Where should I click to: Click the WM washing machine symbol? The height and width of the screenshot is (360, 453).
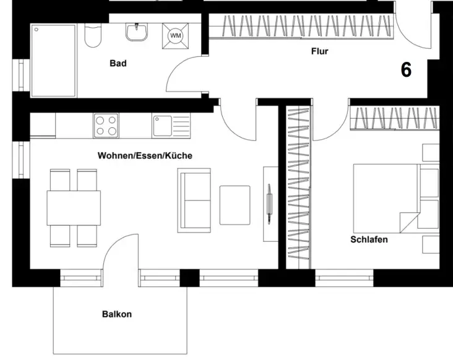coord(175,36)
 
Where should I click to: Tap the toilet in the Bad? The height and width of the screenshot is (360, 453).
coord(93,35)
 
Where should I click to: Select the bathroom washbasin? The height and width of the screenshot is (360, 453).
coord(137,32)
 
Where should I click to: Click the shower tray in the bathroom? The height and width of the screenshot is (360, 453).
coord(53,61)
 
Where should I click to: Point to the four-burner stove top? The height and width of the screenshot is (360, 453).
coord(106,126)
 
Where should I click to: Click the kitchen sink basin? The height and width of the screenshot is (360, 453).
coord(162,126)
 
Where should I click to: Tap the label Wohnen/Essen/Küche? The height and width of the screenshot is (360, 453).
coord(145,156)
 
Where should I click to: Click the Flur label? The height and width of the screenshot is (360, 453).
coord(320,51)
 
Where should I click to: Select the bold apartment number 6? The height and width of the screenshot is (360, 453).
coord(406,70)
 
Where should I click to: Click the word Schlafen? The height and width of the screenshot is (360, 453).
coord(369,239)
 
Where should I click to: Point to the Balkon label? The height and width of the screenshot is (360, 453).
coord(117,314)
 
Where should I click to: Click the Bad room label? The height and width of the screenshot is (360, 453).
coord(118,63)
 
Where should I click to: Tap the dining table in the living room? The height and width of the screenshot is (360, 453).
coord(74,208)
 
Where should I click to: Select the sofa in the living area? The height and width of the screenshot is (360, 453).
coord(194,200)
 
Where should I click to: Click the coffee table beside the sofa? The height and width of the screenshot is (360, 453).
coord(235,205)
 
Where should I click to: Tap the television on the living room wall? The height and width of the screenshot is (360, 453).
coord(269,204)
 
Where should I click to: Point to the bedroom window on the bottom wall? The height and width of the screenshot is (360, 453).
coord(344,278)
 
